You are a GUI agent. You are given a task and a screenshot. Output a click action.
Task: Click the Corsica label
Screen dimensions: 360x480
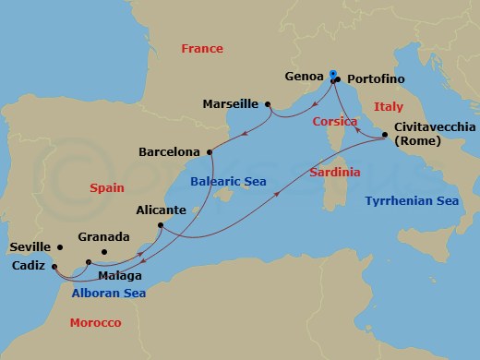[334, 121]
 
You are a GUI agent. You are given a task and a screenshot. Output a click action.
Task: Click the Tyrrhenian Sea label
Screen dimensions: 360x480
[411, 200]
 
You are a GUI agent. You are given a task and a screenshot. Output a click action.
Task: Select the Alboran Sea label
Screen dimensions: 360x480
[107, 293]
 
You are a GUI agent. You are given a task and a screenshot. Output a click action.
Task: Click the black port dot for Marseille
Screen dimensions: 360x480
[268, 104]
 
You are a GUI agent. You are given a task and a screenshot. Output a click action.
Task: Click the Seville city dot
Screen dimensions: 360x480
[59, 247]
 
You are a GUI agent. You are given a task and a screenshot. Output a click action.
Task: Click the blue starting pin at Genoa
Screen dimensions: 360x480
[332, 74]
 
